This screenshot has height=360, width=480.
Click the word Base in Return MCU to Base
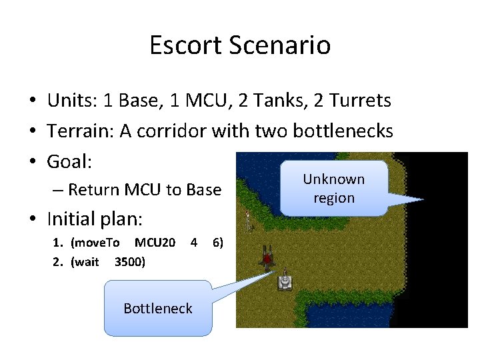click(x=203, y=190)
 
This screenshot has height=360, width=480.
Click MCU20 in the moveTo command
click(x=155, y=241)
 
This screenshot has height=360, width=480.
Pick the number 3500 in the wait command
click(x=130, y=261)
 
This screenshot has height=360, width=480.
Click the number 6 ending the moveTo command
click(x=216, y=241)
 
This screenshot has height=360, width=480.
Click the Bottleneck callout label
click(x=158, y=308)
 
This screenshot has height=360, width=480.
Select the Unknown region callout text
click(x=334, y=189)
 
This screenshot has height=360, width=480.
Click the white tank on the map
click(x=285, y=280)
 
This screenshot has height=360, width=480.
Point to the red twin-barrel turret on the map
click(x=268, y=257)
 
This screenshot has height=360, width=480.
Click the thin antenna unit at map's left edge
click(x=248, y=219)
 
